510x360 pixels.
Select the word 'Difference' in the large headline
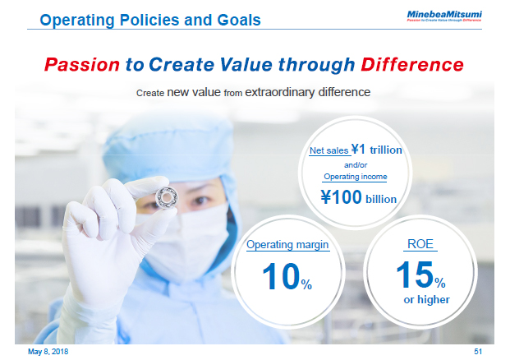point(411,64)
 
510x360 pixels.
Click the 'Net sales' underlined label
point(328,150)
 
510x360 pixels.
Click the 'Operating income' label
point(355,176)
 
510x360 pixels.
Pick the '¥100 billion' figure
point(358,197)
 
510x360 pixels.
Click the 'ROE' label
point(420,244)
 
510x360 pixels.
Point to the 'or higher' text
point(426,299)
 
